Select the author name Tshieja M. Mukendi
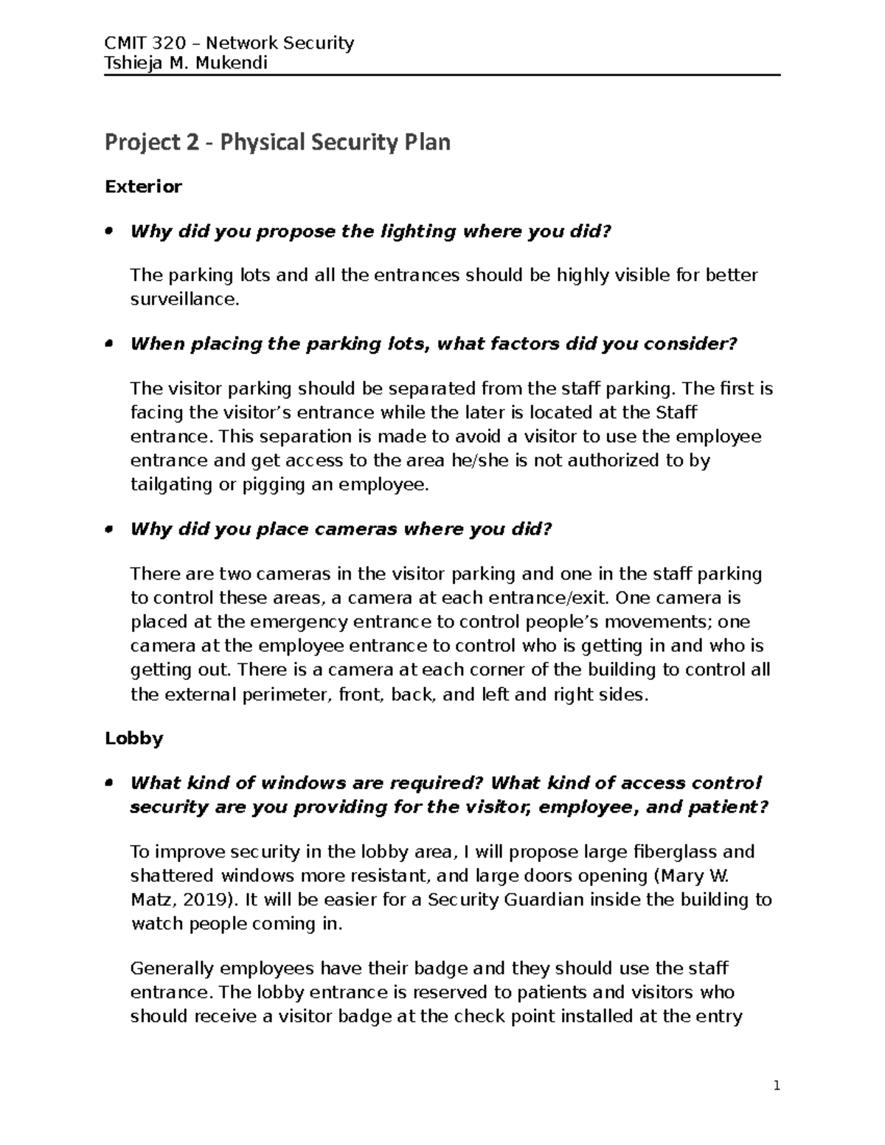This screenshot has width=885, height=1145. [x=185, y=63]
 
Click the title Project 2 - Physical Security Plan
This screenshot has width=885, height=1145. [x=277, y=142]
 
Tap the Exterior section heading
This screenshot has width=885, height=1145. [x=143, y=187]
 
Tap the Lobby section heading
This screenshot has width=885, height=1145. [x=133, y=738]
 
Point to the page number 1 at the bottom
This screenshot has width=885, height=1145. [x=776, y=1086]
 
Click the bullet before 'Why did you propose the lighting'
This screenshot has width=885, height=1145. [x=108, y=232]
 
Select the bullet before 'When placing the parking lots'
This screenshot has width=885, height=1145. [x=108, y=344]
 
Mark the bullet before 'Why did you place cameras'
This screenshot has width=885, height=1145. [x=108, y=529]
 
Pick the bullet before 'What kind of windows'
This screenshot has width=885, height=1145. [x=108, y=783]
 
